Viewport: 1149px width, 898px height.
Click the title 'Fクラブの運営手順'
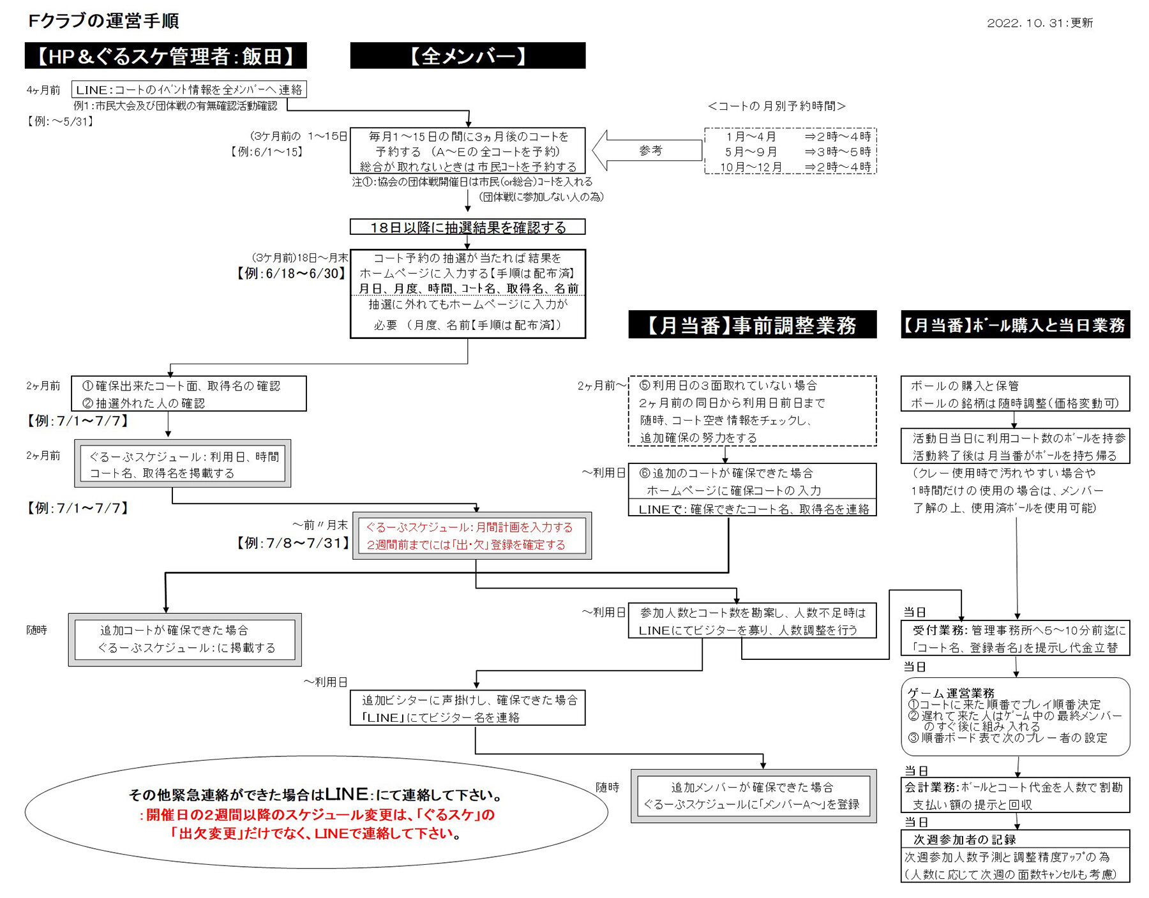click(103, 21)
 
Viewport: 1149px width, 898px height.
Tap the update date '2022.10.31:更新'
click(1039, 23)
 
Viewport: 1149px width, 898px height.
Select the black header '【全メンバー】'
click(467, 56)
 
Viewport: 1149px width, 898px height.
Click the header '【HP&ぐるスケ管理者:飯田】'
click(165, 56)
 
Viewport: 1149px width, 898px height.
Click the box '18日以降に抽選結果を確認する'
click(467, 227)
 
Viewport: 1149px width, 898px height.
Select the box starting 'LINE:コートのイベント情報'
click(189, 89)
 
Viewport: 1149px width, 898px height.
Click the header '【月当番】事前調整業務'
click(752, 325)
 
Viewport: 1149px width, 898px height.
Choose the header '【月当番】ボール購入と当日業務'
click(1015, 325)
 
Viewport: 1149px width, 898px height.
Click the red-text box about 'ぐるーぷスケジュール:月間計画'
click(472, 535)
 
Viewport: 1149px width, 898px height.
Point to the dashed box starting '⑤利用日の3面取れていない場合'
click(752, 411)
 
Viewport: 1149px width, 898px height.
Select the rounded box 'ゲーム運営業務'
click(1015, 716)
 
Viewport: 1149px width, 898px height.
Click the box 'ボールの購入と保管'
click(1015, 394)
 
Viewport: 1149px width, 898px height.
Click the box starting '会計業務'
click(1015, 795)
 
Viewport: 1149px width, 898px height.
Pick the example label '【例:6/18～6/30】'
click(292, 273)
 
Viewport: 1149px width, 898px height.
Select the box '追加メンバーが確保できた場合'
click(753, 795)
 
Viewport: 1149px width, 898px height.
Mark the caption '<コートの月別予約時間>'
click(776, 106)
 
